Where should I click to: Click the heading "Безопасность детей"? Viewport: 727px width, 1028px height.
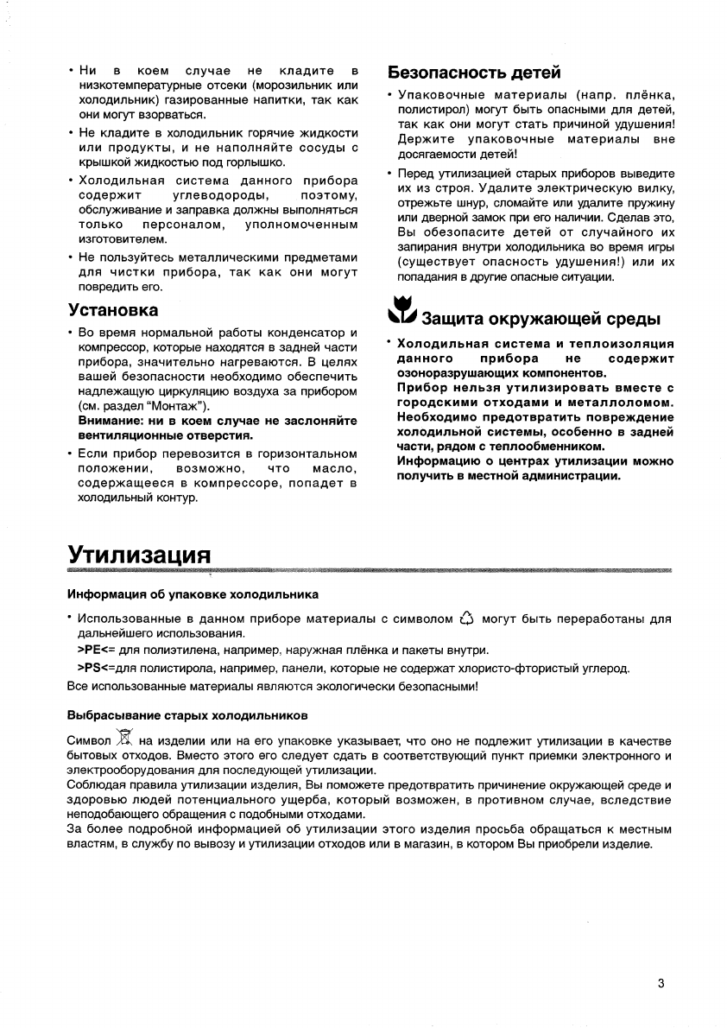tap(474, 72)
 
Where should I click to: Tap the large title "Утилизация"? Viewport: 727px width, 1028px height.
tap(139, 553)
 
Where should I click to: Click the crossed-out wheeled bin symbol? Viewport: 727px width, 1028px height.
tap(124, 739)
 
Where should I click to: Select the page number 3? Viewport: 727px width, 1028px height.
tap(661, 983)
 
